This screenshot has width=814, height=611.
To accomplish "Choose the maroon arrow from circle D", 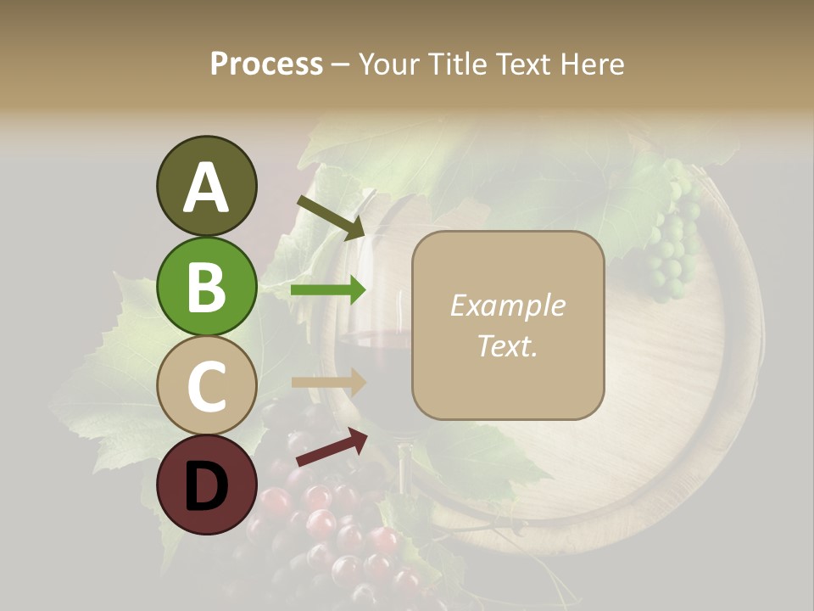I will click(x=332, y=447).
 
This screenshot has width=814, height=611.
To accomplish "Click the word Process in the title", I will click(x=266, y=64).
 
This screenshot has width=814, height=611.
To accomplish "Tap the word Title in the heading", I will click(x=454, y=64).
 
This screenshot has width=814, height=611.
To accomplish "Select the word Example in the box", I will click(x=507, y=305).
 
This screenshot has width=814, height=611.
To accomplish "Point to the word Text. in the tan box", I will click(x=507, y=345).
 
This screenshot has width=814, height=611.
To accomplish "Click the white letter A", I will click(x=206, y=188).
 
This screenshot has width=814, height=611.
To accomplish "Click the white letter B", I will click(x=206, y=287).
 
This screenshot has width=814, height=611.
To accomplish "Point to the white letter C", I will click(x=206, y=386).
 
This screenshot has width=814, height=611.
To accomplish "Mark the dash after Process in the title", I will click(x=340, y=64).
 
